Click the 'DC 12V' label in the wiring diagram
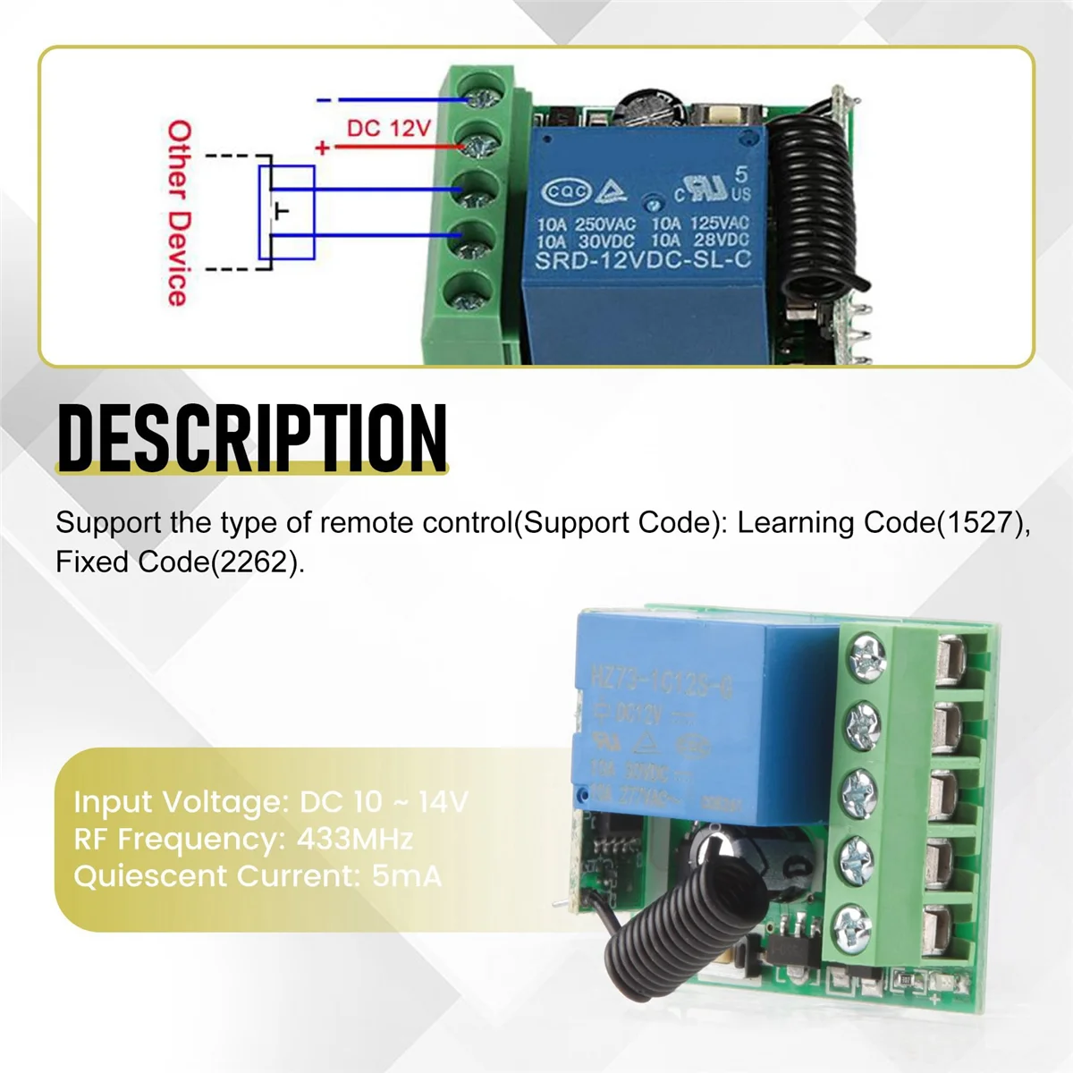tap(388, 129)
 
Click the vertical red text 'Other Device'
tap(179, 214)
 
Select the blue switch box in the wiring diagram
tap(286, 213)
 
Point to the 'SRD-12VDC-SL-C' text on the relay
tap(643, 261)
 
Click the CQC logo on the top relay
tap(567, 191)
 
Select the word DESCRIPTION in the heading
tap(251, 437)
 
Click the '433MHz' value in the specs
tap(354, 840)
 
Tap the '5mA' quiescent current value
tap(407, 875)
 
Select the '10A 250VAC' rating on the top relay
tap(586, 223)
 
